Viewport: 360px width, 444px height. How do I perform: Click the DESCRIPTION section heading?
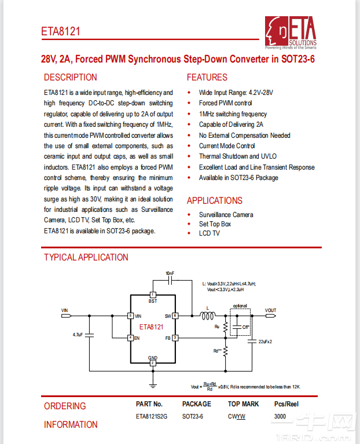(x=71, y=77)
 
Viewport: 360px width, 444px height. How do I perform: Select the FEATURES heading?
(x=207, y=77)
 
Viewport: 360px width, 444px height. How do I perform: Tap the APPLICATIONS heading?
(x=214, y=200)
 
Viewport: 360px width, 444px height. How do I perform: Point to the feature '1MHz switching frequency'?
(x=233, y=114)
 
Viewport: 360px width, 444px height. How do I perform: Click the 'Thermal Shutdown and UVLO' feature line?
(x=237, y=156)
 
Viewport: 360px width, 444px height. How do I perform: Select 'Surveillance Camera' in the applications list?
(x=226, y=215)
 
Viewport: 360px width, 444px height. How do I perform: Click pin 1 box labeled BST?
(x=153, y=295)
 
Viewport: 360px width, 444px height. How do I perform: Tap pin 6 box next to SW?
(x=175, y=316)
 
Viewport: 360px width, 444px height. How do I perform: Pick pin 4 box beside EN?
(x=131, y=337)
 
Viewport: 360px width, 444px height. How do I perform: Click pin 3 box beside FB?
(x=175, y=337)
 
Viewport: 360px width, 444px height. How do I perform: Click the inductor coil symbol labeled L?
(x=207, y=316)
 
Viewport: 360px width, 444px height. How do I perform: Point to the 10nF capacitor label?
(x=170, y=272)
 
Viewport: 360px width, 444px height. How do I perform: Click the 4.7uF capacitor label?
(x=78, y=335)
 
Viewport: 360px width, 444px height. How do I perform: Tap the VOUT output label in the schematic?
(x=270, y=311)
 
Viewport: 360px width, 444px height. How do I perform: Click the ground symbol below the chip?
(x=153, y=384)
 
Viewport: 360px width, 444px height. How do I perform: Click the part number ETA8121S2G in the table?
(x=152, y=416)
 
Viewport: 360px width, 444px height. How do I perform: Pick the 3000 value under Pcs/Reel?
(x=280, y=416)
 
